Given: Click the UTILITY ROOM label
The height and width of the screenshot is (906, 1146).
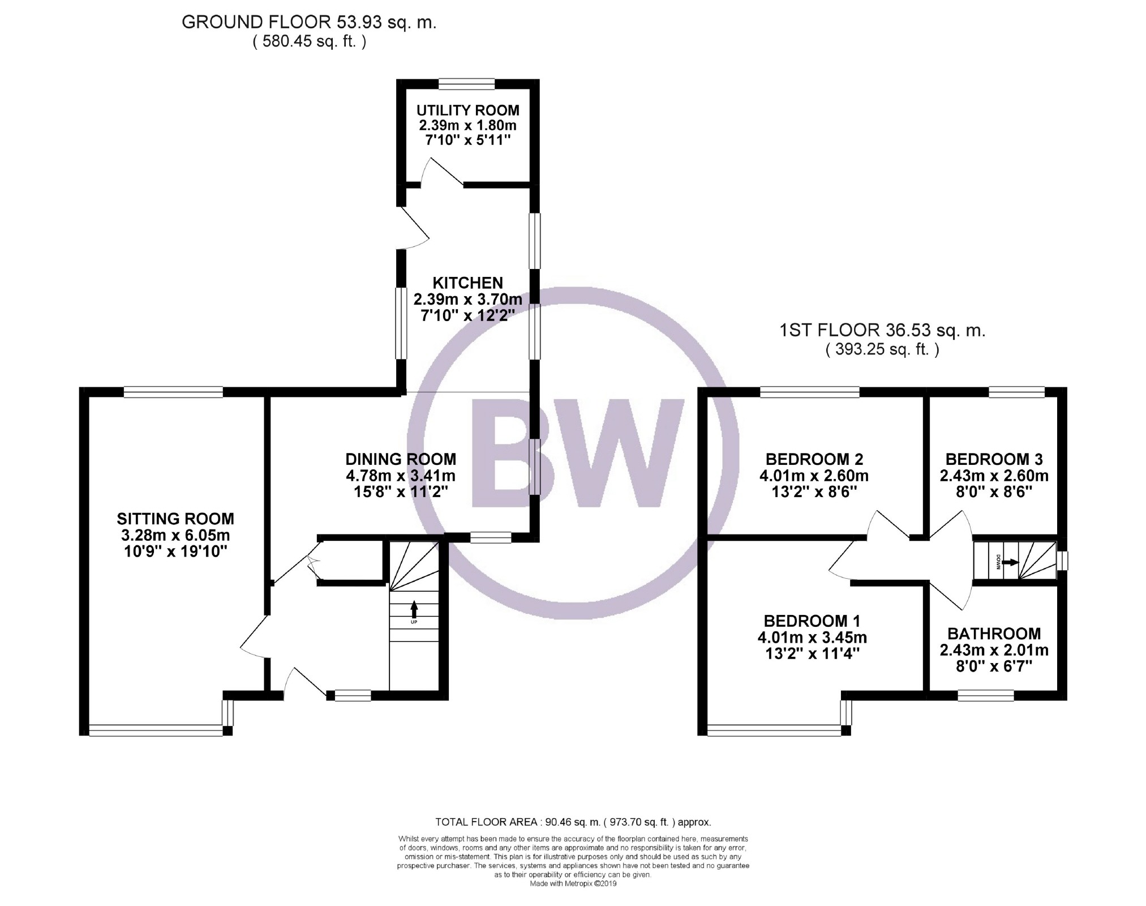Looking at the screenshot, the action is (x=467, y=110).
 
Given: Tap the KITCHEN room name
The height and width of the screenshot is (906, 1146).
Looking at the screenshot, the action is (x=467, y=283).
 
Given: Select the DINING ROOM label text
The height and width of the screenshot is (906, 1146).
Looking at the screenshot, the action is (x=401, y=459).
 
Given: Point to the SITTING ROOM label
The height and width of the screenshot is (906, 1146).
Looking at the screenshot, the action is (x=175, y=519).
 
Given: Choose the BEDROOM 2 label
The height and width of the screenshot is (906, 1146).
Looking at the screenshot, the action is (x=814, y=459).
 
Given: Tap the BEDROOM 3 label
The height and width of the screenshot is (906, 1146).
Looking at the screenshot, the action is (x=994, y=459).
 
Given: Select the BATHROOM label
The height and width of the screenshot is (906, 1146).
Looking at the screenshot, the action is (x=994, y=634).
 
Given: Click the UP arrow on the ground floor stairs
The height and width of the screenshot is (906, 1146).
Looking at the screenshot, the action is (x=414, y=609).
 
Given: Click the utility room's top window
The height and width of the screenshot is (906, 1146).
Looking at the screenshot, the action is (x=467, y=84).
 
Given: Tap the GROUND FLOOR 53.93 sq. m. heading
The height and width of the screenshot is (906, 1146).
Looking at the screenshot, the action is (x=309, y=23).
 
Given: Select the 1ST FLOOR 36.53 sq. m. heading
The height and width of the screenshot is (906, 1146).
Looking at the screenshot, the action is (x=882, y=331).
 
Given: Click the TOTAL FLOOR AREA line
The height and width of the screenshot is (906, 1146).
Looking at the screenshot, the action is (x=573, y=822).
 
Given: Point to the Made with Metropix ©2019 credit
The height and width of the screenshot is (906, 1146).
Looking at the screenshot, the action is (x=573, y=883).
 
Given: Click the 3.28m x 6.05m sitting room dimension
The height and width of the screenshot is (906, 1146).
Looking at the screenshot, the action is (x=175, y=535).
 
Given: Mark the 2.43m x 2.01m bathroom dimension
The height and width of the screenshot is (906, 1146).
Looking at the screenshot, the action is (x=994, y=650).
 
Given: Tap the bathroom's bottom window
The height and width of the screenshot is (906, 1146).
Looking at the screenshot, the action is (x=986, y=695).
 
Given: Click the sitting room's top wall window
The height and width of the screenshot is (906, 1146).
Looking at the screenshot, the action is (x=173, y=392).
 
